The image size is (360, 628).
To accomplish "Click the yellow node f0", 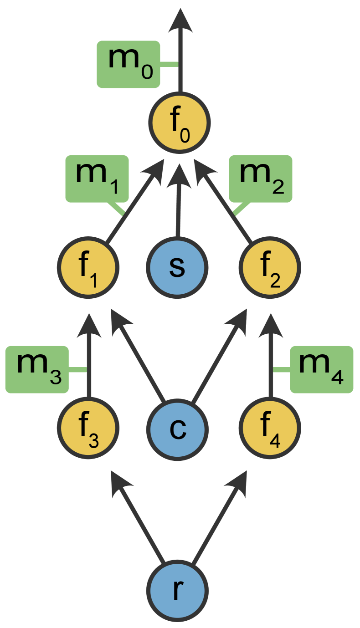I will coord(180,123).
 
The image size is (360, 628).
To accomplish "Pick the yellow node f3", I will coord(88,429).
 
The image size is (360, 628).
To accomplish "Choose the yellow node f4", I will coord(270,429).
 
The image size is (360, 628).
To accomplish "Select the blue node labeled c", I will coord(177,429).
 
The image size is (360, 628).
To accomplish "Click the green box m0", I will coord(128,64).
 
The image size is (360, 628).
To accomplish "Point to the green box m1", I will coord(97,179).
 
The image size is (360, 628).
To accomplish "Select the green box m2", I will coord(260,179).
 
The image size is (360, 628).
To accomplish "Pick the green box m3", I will coord(37,369).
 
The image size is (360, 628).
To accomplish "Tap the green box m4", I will coord(322,369).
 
